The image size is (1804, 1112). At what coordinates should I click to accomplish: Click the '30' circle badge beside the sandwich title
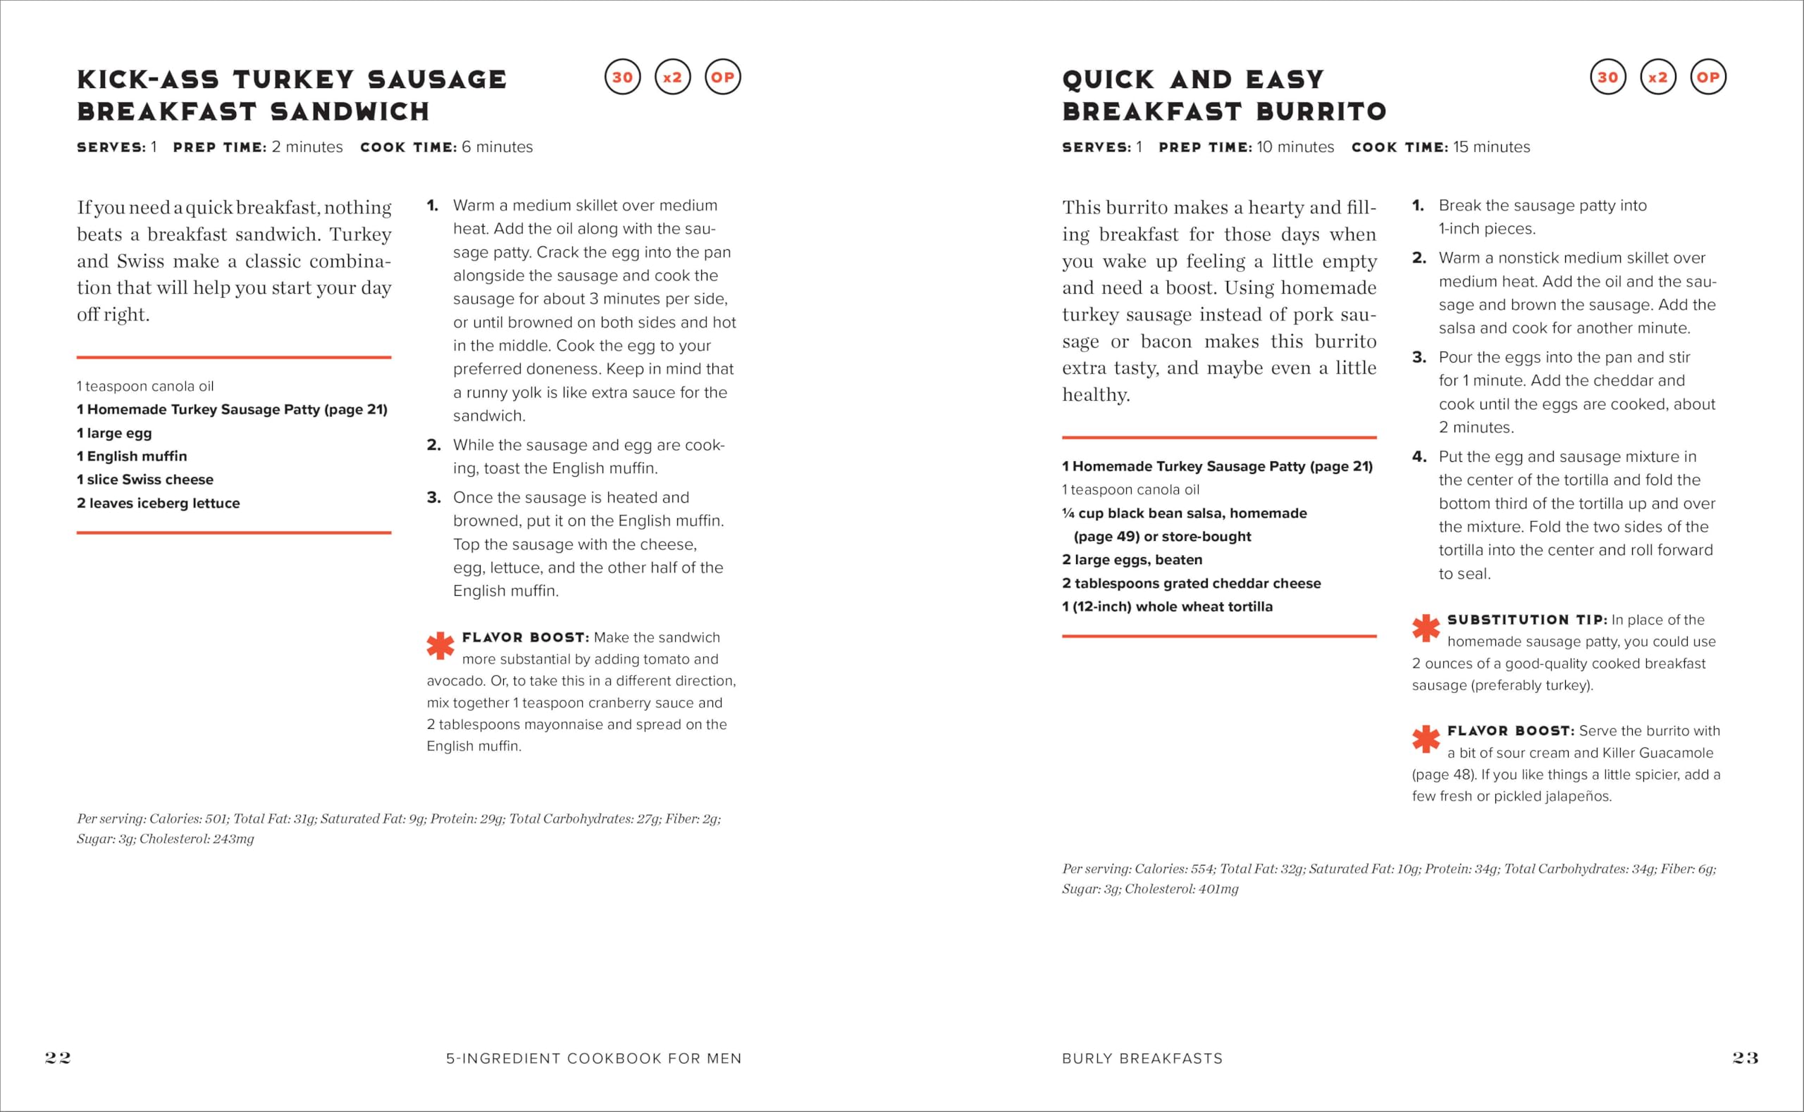tap(622, 77)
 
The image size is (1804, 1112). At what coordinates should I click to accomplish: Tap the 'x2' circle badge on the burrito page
tap(1657, 77)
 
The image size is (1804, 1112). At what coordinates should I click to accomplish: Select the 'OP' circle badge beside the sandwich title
tap(722, 77)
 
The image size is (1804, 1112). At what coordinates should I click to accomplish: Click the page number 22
tap(58, 1058)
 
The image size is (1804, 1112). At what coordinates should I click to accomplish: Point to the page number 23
tap(1745, 1058)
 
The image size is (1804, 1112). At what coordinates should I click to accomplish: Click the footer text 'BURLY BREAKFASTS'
tap(1142, 1058)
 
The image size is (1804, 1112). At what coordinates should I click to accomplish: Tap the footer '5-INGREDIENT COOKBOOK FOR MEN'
tap(594, 1058)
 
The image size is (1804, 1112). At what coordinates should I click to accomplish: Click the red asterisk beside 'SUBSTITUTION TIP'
tap(1426, 628)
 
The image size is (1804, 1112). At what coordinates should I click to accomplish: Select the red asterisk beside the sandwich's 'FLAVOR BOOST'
tap(440, 646)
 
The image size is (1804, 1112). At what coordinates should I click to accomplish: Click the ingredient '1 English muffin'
tap(132, 456)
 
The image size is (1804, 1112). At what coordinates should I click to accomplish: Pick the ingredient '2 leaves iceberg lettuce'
tap(158, 503)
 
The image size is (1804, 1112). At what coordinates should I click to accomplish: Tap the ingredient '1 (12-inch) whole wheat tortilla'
tap(1167, 607)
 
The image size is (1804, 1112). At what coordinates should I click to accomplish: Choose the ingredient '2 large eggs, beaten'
tap(1132, 560)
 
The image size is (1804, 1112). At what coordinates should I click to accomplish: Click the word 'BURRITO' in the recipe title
tap(1321, 112)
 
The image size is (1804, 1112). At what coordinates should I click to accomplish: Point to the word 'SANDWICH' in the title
tap(350, 112)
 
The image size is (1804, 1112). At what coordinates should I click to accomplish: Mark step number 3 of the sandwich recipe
tap(433, 498)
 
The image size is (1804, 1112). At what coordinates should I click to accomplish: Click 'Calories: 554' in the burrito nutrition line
tap(1173, 868)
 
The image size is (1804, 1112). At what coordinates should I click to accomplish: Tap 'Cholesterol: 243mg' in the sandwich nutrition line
tap(197, 839)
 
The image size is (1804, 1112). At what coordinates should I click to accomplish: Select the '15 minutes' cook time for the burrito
tap(1491, 147)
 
